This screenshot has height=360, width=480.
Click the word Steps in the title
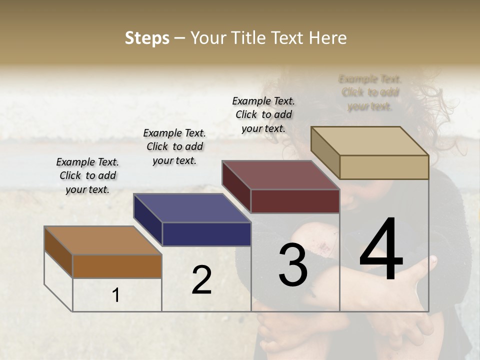coord(147,38)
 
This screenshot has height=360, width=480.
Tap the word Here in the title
coord(327,38)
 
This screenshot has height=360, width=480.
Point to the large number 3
coord(293,264)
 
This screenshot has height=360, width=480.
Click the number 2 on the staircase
coord(201,280)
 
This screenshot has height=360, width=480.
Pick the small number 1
coord(116,295)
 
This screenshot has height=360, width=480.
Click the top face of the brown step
coord(103,240)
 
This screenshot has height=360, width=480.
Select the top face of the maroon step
coord(281,175)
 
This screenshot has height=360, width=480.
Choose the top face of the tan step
coord(370,141)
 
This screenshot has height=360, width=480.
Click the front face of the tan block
coord(384,167)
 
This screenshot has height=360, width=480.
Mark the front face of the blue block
coord(206,234)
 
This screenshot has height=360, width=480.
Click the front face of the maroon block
coord(295,201)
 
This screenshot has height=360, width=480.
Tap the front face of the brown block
coord(117,266)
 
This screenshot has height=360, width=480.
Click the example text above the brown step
coord(87,175)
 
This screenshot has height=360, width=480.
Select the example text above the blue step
coord(174,146)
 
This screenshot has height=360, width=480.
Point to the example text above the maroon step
coord(263,114)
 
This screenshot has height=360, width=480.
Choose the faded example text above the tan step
coord(370,92)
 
